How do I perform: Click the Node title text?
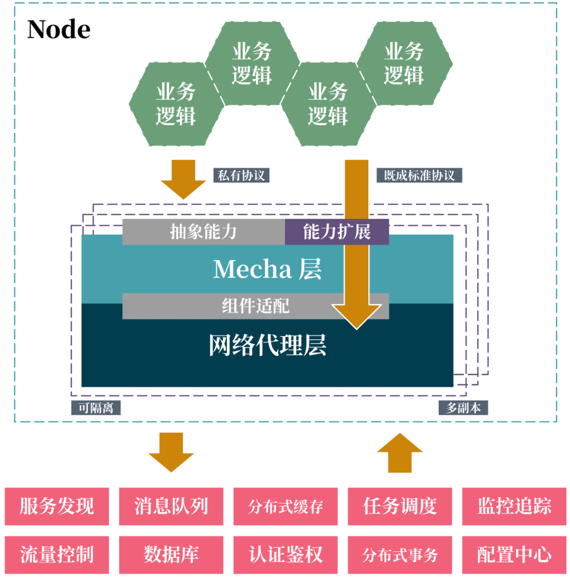click(x=59, y=29)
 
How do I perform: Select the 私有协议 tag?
click(x=241, y=175)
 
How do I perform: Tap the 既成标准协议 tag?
click(x=419, y=175)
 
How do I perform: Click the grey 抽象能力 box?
click(x=203, y=232)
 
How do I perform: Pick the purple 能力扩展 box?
click(x=337, y=232)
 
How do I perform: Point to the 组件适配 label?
click(x=255, y=306)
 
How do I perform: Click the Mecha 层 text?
click(x=268, y=269)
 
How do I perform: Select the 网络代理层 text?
click(x=268, y=345)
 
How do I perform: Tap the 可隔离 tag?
click(x=96, y=407)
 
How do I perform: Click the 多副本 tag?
click(x=463, y=407)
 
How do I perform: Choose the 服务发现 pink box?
click(x=57, y=507)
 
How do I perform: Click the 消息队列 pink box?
click(x=171, y=507)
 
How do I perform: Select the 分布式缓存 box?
click(x=286, y=507)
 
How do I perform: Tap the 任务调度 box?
click(x=400, y=507)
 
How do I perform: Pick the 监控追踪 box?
click(x=514, y=507)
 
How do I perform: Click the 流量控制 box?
click(x=57, y=555)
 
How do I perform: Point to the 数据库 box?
click(x=171, y=555)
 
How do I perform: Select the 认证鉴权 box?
click(x=286, y=555)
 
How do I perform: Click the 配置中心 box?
click(x=514, y=555)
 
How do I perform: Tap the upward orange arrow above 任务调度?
click(x=400, y=453)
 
